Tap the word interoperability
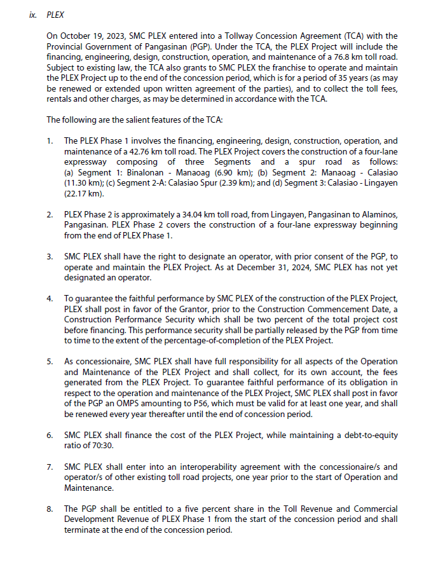point(192,466)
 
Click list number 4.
point(50,298)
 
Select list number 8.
point(50,509)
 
